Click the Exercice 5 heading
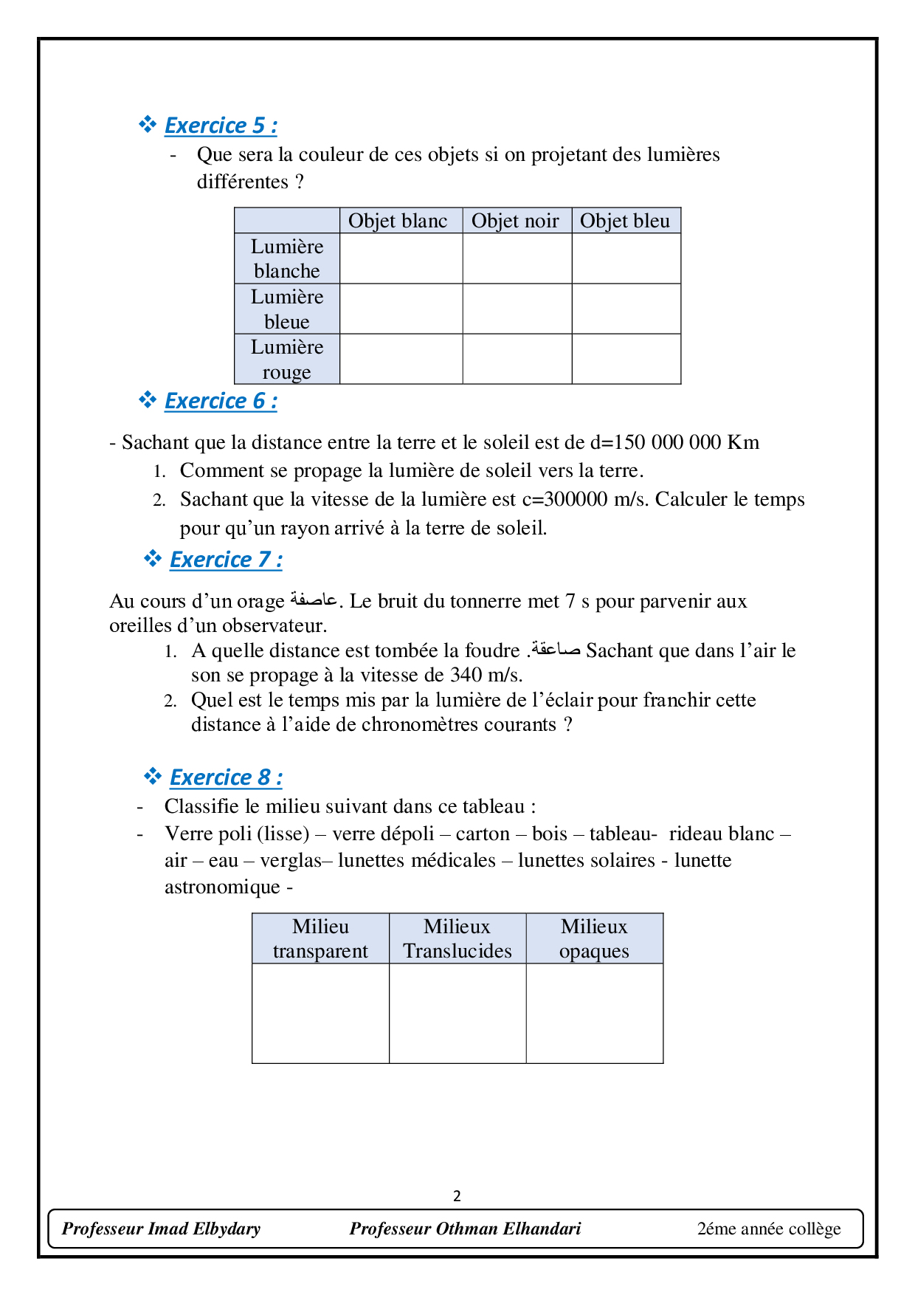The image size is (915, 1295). [x=221, y=126]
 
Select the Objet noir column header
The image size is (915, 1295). [x=515, y=221]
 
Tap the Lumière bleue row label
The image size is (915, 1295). [x=287, y=309]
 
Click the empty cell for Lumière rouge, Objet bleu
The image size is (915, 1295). [x=626, y=359]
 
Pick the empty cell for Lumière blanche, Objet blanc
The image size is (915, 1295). [x=401, y=258]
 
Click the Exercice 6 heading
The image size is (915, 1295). [x=221, y=401]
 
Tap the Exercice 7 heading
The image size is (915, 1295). [x=226, y=560]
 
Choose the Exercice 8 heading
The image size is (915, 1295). [x=226, y=777]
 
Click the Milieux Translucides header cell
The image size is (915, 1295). [x=457, y=938]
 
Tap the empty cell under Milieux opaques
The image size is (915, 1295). [x=594, y=1013]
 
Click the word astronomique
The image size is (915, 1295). [x=222, y=887]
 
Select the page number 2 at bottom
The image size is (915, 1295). [x=457, y=1196]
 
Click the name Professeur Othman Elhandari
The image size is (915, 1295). [x=465, y=1229]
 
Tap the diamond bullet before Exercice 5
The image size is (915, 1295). [x=148, y=124]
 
